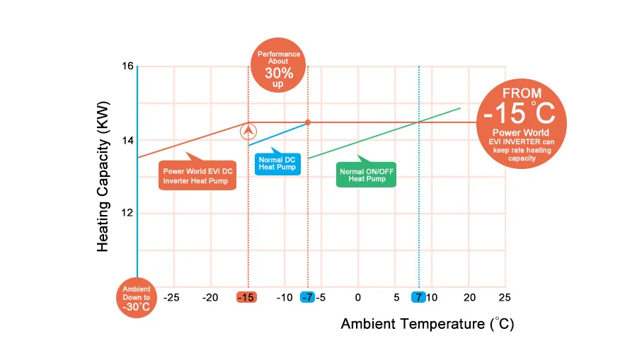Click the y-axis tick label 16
(x=127, y=66)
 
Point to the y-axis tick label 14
(x=127, y=140)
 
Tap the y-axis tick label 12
(x=127, y=213)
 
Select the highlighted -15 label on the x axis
(x=246, y=297)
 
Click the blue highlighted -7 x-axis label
(x=307, y=297)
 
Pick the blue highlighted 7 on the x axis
(x=419, y=297)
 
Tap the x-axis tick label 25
(x=504, y=297)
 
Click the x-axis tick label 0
(x=358, y=297)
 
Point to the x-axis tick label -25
(x=171, y=297)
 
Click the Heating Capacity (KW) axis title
(x=103, y=183)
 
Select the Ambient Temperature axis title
(x=427, y=324)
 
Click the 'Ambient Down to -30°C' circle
(x=137, y=298)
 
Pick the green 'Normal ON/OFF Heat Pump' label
(x=366, y=175)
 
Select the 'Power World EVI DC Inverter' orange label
(x=197, y=175)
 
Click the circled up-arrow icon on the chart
(x=248, y=131)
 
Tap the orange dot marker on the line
(x=308, y=122)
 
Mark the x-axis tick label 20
(x=470, y=297)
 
